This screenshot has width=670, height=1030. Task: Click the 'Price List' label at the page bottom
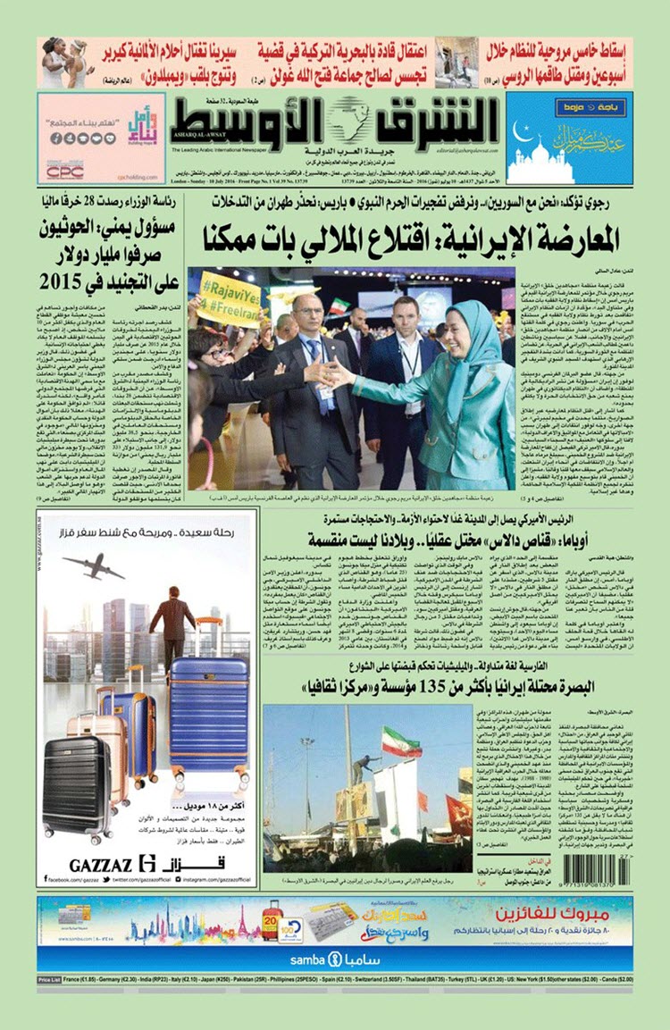pos(50,980)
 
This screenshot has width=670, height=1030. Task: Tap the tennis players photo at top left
pos(63,62)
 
